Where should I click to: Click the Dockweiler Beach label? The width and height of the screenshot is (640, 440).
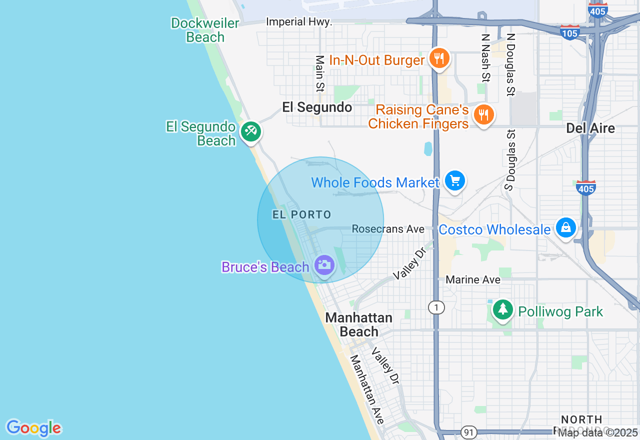click(x=198, y=30)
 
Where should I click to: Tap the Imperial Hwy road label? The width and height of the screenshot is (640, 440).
click(x=299, y=22)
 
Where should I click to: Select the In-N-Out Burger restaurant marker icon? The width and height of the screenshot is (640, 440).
click(x=439, y=59)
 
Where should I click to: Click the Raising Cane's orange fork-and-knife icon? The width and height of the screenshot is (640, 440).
click(x=483, y=115)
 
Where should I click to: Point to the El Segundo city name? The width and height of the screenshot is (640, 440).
click(x=317, y=107)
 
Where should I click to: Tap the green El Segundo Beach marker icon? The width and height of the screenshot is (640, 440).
click(x=250, y=132)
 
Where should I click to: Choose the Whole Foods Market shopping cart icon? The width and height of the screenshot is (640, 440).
click(x=454, y=181)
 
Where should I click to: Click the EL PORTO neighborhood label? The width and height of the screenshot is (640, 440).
click(x=301, y=215)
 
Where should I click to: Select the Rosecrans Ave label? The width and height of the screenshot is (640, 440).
click(x=388, y=229)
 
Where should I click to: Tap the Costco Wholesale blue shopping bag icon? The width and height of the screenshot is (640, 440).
click(x=565, y=228)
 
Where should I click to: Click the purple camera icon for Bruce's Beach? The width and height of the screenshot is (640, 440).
click(x=324, y=265)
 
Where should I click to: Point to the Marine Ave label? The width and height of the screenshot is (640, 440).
click(x=473, y=279)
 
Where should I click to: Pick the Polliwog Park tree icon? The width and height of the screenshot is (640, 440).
click(x=502, y=310)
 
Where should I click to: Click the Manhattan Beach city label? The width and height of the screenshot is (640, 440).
click(x=359, y=324)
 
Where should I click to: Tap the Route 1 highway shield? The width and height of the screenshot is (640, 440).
click(x=436, y=307)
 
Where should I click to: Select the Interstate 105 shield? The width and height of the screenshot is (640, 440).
click(x=569, y=32)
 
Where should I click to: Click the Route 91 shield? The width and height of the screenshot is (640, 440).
click(x=469, y=432)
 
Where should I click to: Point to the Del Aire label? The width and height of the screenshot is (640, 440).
click(x=590, y=128)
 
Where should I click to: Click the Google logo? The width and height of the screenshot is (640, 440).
click(x=33, y=428)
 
